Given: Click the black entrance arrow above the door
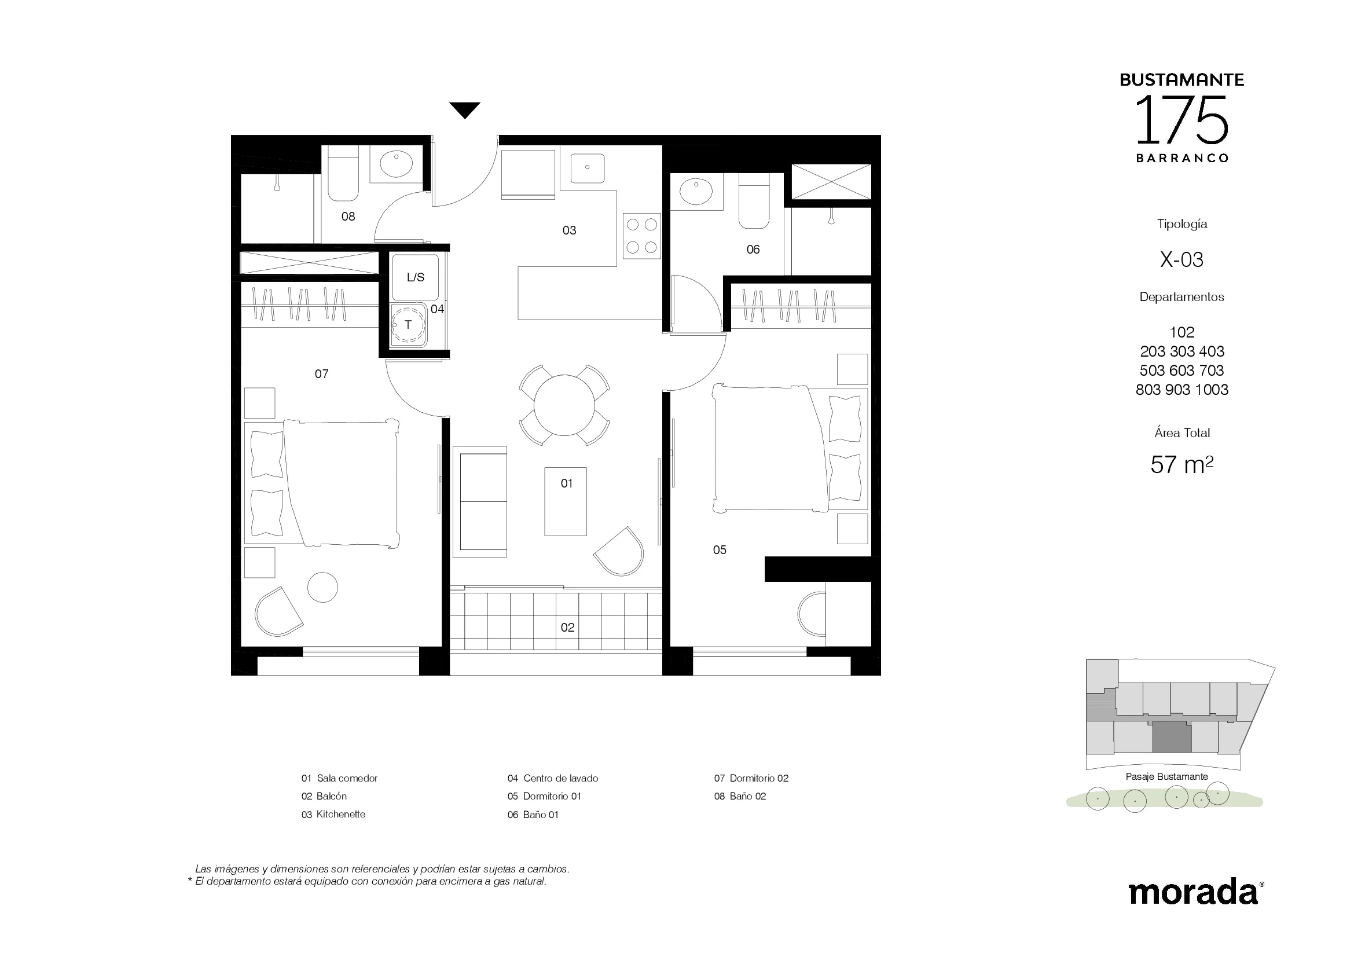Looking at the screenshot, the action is point(465,109).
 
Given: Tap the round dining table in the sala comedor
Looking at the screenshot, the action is point(564,405).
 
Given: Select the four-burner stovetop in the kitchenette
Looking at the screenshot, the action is point(641,236).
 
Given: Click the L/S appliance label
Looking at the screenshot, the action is point(415,277).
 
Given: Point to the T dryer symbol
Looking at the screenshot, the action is point(408,325).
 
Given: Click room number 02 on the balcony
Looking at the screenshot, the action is point(567,628).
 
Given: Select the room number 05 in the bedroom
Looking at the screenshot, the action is point(720,550).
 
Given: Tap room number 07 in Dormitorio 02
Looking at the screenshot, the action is point(321,374).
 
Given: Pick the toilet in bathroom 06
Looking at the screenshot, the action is point(754,201).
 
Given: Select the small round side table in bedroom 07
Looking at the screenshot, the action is point(322,587).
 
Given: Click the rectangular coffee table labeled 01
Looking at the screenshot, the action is point(566,501).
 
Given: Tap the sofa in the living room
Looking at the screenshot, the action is point(480,501).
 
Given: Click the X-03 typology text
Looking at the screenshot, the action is point(1181,259).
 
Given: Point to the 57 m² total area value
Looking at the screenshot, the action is point(1182,465).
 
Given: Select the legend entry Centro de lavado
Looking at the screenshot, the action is point(553,778).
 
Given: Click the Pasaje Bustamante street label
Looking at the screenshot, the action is point(1166,776).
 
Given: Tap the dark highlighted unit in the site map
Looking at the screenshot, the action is point(1172,738).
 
